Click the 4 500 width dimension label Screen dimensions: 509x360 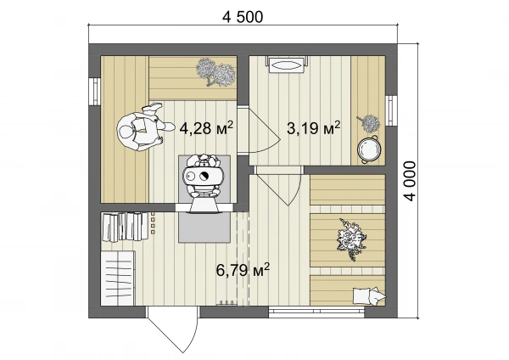(x=243, y=17)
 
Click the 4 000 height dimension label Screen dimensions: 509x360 (x=410, y=181)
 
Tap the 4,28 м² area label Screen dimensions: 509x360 (x=206, y=128)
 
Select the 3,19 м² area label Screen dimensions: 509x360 (x=314, y=128)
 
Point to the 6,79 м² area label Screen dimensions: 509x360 (x=243, y=270)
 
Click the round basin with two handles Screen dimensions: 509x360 (x=368, y=149)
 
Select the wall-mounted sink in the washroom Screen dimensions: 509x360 (x=287, y=65)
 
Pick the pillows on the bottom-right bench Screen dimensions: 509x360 (x=369, y=295)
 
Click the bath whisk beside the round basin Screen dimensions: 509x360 (x=369, y=123)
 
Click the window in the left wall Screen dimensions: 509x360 (x=95, y=92)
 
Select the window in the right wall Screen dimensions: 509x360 (x=391, y=110)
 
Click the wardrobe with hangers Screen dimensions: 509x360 (x=118, y=278)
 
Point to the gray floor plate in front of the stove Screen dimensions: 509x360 (x=204, y=227)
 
